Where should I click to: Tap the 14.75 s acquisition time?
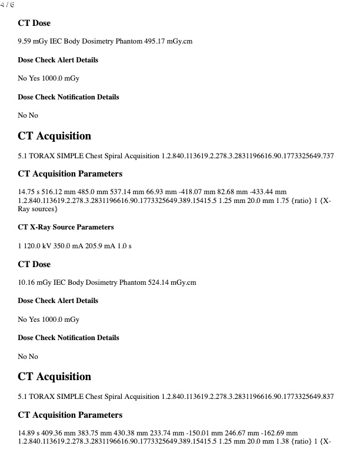point(29,192)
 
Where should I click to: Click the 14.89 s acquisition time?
point(29,433)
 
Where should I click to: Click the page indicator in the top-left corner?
point(8,5)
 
